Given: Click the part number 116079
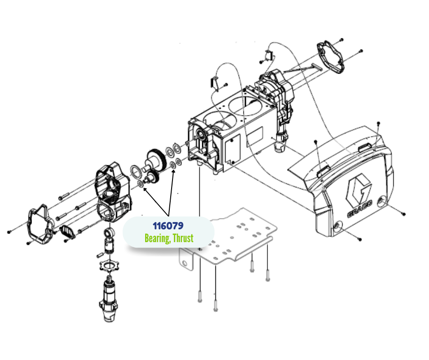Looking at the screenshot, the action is (x=168, y=226).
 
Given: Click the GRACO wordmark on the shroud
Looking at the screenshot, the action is (x=360, y=210).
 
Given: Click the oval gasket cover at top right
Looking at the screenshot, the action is (x=330, y=57).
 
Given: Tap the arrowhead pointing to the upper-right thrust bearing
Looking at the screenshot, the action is (x=173, y=171).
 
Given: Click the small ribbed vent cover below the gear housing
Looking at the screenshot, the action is (x=67, y=232).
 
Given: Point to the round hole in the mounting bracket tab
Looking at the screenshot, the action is (x=185, y=264).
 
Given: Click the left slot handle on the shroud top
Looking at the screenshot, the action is (x=324, y=171).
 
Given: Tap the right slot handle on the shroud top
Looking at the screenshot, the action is (x=365, y=148).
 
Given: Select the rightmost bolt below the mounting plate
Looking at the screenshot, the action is (x=267, y=275).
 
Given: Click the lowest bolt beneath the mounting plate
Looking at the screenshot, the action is (x=215, y=306).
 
